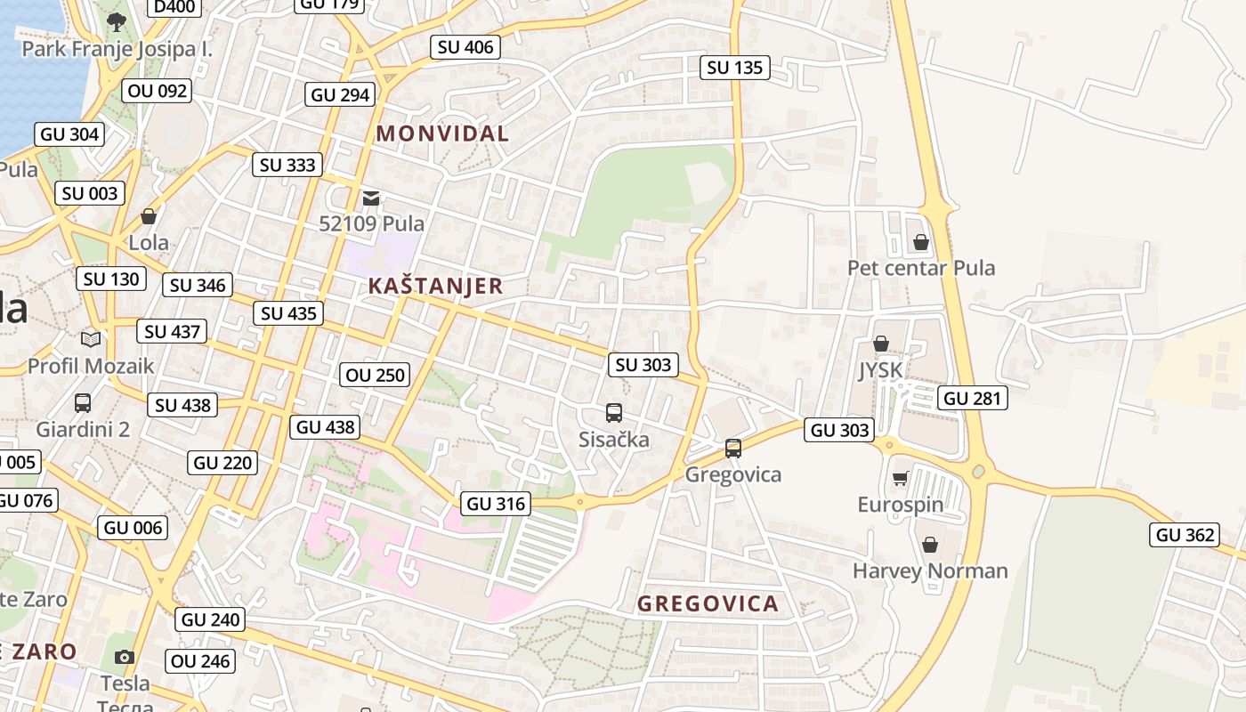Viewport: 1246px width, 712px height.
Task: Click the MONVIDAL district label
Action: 442,133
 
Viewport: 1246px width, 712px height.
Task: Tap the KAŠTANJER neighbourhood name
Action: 435,286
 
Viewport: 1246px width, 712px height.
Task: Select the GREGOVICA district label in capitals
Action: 708,603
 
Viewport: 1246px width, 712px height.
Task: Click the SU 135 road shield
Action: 735,67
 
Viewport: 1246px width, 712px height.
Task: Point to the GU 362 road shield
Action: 1184,534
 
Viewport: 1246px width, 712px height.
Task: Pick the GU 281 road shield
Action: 972,398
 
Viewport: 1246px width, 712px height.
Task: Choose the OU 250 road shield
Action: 376,375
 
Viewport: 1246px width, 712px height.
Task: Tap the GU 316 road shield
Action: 497,503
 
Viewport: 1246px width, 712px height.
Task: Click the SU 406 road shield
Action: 465,47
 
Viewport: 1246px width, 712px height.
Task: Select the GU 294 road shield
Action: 340,94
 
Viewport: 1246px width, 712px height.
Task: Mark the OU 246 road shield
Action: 200,660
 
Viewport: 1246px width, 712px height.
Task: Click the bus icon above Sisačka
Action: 613,412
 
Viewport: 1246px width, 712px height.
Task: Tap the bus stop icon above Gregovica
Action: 732,448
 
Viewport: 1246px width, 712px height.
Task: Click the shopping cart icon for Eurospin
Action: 900,478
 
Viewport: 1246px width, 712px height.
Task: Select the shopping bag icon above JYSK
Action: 880,343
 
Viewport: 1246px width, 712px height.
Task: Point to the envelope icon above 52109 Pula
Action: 371,198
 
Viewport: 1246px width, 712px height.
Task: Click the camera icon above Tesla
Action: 125,657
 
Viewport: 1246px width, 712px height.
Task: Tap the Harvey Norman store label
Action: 930,570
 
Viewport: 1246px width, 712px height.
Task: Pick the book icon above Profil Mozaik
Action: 90,338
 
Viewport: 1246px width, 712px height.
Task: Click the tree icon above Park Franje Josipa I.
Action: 116,20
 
